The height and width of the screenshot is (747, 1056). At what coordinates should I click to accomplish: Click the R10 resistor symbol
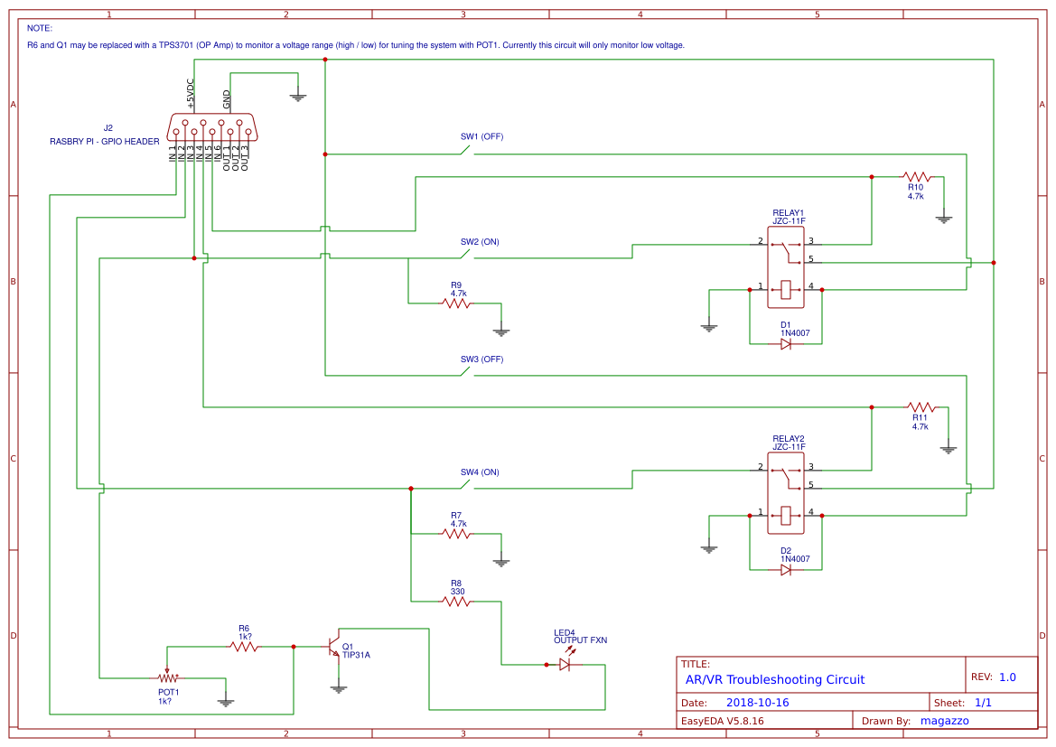[x=916, y=177]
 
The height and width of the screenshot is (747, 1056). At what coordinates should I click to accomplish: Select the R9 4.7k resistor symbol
[x=456, y=303]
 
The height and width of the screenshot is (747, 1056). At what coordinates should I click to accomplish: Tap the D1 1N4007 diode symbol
[x=786, y=344]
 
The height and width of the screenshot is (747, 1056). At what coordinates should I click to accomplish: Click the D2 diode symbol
[x=786, y=570]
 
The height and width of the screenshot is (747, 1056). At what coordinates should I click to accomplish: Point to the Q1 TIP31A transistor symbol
[x=334, y=647]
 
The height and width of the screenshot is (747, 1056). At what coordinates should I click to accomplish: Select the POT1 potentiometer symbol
[x=167, y=677]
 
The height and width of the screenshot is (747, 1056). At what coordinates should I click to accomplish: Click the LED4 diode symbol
[x=565, y=664]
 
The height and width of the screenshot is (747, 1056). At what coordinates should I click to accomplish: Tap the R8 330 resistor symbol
[x=456, y=601]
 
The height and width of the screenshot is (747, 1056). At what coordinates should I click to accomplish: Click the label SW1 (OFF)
[x=481, y=137]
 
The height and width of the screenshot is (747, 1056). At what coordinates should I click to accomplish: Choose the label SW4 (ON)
[x=480, y=472]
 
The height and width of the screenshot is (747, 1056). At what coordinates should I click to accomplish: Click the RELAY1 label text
[x=788, y=212]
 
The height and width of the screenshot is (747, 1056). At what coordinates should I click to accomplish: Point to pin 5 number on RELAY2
[x=811, y=485]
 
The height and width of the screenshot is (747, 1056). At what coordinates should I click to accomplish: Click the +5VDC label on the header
[x=191, y=94]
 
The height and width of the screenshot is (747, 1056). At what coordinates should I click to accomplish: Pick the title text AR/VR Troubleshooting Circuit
[x=774, y=679]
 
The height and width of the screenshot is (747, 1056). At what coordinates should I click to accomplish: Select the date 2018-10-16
[x=757, y=703]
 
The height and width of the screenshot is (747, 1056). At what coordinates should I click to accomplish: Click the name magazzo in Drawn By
[x=944, y=721]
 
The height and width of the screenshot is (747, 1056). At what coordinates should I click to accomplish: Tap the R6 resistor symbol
[x=242, y=647]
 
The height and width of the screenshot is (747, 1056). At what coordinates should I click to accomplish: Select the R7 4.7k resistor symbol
[x=456, y=534]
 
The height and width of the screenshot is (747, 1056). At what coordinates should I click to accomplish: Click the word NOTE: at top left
[x=40, y=28]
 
